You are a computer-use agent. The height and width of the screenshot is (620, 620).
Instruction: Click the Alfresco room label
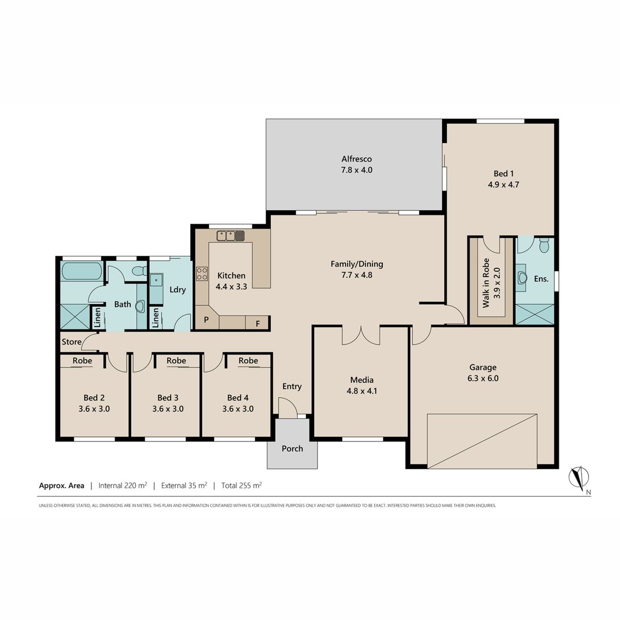pos(357,159)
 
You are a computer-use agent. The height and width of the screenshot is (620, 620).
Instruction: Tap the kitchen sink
pos(230,236)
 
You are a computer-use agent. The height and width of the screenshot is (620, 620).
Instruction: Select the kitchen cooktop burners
pos(202,274)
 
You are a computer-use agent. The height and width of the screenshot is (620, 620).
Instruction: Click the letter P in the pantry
pos(206,319)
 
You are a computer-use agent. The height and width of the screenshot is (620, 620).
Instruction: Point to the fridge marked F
pos(257,323)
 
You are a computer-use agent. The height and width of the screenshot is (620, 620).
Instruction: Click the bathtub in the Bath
pos(82,271)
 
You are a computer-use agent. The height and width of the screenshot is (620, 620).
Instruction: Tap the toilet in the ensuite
pos(544,245)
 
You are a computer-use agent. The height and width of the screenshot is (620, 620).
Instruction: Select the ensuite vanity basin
pos(522,278)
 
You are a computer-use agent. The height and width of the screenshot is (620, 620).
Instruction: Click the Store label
pos(71,342)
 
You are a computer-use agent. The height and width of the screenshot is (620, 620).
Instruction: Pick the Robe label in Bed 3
pos(176,361)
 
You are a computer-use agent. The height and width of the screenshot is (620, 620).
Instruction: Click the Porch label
pos(292,448)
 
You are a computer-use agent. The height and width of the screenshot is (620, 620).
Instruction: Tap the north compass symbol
pos(579,478)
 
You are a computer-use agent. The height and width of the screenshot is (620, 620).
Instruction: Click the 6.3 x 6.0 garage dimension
pos(483,378)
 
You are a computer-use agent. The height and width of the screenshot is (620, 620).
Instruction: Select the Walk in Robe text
pos(486,283)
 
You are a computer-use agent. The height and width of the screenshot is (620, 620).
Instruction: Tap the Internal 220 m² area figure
pos(122,486)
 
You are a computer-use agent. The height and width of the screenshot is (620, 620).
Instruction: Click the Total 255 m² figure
pos(241,486)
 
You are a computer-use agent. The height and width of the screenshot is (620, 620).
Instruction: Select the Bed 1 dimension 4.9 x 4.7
pos(504,184)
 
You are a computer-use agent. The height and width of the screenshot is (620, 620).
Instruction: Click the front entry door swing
pos(287,408)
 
